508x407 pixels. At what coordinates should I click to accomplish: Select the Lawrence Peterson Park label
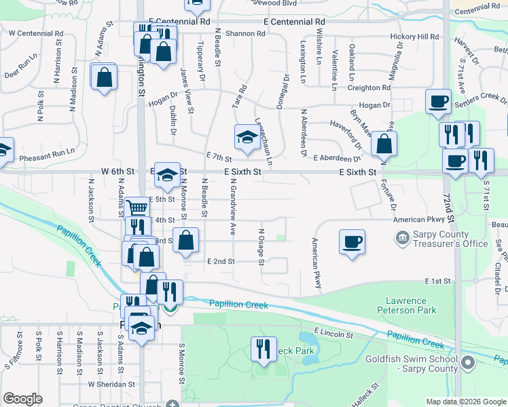click(405, 305)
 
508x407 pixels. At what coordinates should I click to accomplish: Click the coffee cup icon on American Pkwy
click(352, 242)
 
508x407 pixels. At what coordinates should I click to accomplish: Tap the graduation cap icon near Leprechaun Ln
click(246, 138)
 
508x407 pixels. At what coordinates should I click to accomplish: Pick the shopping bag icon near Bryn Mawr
click(384, 144)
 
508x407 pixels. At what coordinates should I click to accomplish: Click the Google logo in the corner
click(22, 399)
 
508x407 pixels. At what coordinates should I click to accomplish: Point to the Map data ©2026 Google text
click(465, 402)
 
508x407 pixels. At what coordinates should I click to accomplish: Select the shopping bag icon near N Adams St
click(104, 77)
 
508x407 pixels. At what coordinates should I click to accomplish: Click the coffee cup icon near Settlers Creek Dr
click(438, 102)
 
